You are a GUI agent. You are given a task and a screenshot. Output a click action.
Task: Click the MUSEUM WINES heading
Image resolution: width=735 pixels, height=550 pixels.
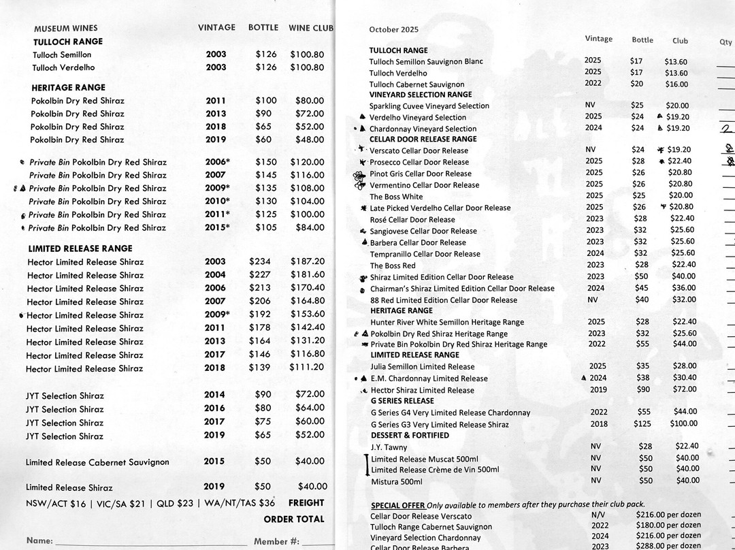[x=65, y=29]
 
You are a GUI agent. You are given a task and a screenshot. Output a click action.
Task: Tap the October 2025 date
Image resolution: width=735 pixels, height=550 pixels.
[x=394, y=29]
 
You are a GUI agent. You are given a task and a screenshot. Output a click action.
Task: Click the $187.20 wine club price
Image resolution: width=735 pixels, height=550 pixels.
[x=308, y=261]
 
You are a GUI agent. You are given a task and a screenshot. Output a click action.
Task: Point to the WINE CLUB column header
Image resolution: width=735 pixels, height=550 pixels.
[x=311, y=28]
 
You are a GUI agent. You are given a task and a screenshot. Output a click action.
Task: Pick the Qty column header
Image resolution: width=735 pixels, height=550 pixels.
[x=725, y=42]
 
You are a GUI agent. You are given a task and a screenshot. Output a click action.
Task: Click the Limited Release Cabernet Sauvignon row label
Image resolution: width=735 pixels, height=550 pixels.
[x=97, y=462]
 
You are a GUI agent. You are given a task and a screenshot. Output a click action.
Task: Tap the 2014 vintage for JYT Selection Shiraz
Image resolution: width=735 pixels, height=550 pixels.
[x=214, y=394]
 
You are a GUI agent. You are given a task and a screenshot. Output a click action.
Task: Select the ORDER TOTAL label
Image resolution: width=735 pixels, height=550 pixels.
[x=294, y=519]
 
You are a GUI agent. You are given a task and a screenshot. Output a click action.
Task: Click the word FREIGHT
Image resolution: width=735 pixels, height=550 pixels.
[x=306, y=503]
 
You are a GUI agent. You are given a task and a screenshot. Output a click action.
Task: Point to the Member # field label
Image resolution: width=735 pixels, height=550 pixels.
[x=276, y=542]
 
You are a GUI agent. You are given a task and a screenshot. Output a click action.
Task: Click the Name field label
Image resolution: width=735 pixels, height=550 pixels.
[x=39, y=541]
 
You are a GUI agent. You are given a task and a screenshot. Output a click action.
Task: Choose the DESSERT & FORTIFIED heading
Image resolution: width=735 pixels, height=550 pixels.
[x=410, y=435]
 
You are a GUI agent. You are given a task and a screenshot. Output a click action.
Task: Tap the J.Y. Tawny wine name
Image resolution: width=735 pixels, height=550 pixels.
[x=389, y=447]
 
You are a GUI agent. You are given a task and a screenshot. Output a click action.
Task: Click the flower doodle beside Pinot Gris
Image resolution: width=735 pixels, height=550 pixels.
[x=359, y=178]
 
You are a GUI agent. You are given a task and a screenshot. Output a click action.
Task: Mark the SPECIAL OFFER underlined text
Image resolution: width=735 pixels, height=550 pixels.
[x=398, y=505]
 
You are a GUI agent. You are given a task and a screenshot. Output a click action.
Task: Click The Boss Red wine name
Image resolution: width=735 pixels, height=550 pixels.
[x=393, y=265]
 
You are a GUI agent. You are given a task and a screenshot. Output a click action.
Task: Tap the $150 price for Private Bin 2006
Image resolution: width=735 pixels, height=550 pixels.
[x=266, y=162]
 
